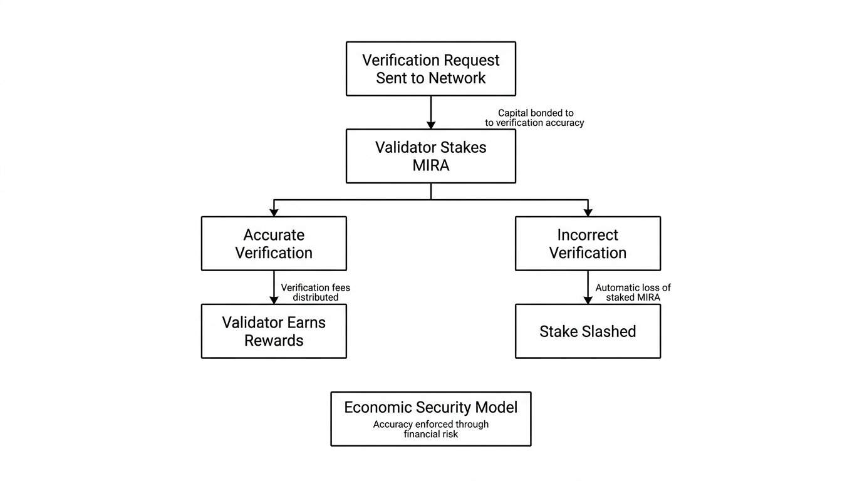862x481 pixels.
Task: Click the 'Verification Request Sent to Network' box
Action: click(x=431, y=69)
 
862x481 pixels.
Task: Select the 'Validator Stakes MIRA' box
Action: click(x=431, y=156)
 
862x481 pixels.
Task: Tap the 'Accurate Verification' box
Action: click(x=274, y=244)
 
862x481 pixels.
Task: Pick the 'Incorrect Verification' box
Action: click(x=588, y=244)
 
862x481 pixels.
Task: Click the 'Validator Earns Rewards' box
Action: click(x=274, y=331)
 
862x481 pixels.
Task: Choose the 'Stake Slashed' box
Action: click(x=588, y=331)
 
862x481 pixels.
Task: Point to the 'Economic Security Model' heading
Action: click(x=431, y=407)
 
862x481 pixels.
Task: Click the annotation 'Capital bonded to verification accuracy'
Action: click(x=534, y=118)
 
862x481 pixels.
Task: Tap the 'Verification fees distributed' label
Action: click(x=316, y=292)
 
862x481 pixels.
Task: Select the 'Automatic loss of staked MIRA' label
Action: click(x=633, y=292)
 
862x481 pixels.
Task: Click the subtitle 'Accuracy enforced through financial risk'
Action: click(x=431, y=429)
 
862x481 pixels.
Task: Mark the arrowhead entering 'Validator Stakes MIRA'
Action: click(x=431, y=125)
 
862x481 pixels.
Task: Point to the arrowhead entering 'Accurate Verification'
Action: click(x=274, y=212)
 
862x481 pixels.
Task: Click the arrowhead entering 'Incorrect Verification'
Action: click(x=588, y=212)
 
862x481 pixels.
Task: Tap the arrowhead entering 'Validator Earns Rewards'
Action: click(x=274, y=300)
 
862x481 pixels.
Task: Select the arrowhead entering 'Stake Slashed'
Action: click(x=588, y=300)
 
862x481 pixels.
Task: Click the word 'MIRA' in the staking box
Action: click(x=431, y=165)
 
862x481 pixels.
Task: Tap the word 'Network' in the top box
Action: click(x=457, y=78)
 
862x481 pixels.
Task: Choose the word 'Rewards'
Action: click(x=274, y=341)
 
